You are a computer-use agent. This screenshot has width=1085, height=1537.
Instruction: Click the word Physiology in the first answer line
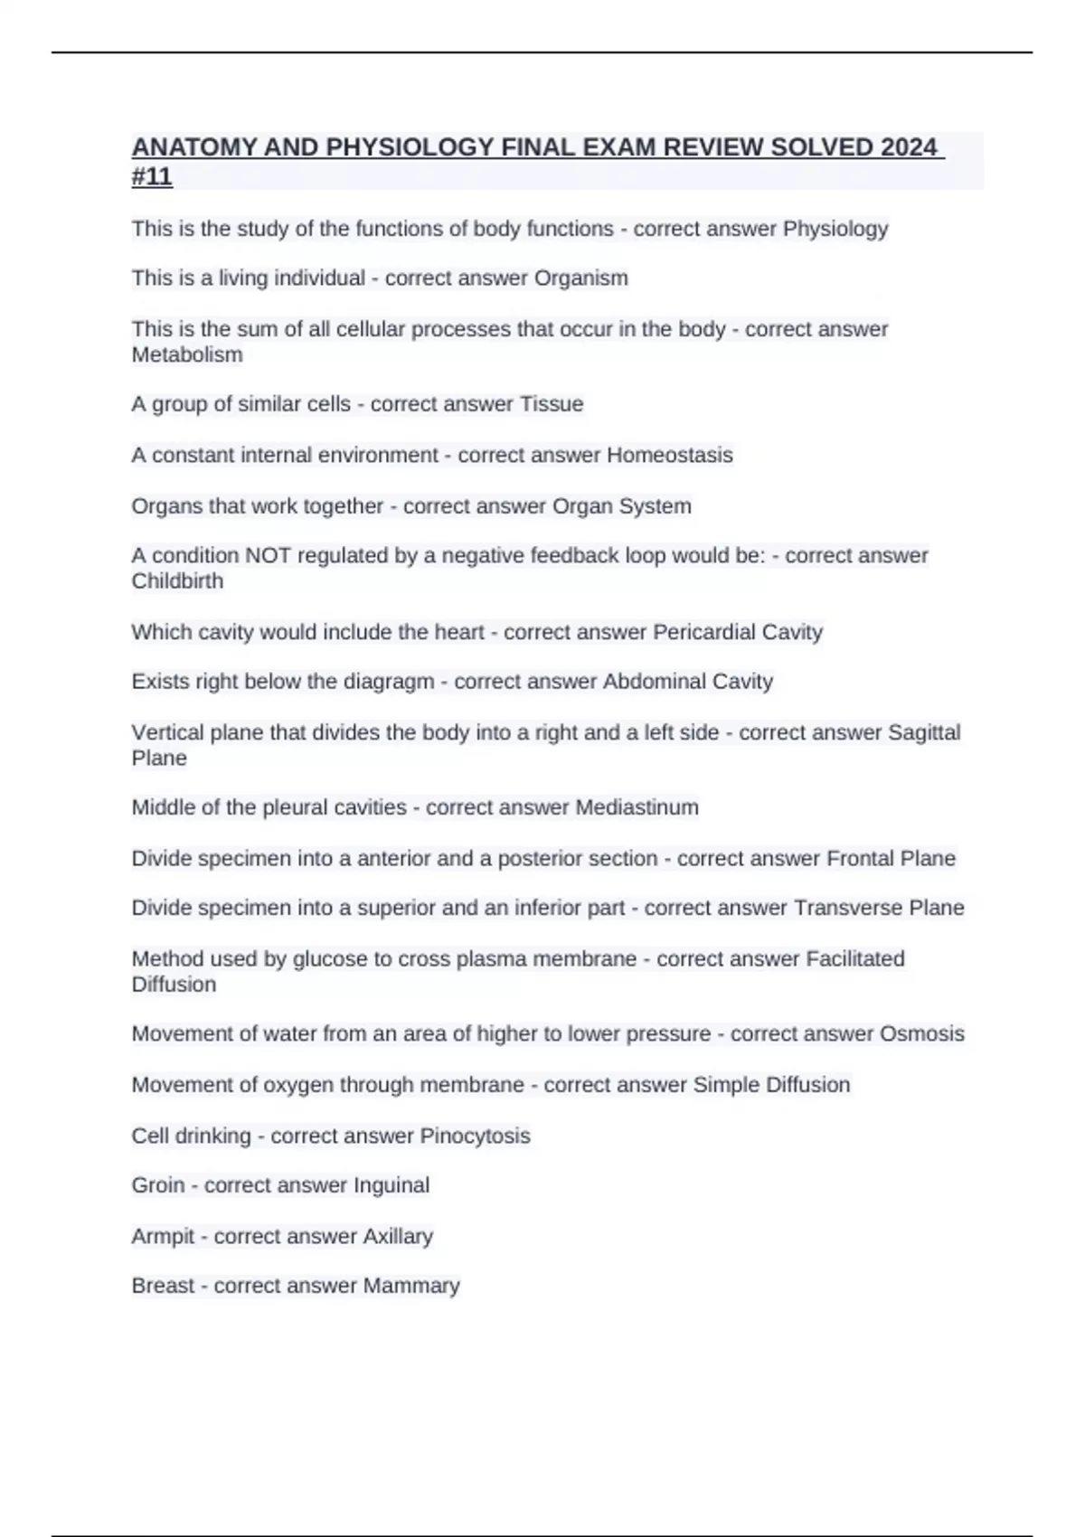pyautogui.click(x=835, y=229)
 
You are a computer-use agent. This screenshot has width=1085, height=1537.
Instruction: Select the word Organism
pyautogui.click(x=580, y=278)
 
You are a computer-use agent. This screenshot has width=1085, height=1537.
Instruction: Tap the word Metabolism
pyautogui.click(x=187, y=354)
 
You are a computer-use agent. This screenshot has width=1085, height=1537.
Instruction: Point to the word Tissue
pyautogui.click(x=552, y=404)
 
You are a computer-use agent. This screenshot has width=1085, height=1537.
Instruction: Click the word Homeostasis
pyautogui.click(x=669, y=455)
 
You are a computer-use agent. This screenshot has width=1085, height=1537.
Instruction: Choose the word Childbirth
pyautogui.click(x=177, y=580)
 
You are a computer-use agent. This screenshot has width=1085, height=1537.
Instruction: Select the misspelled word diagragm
pyautogui.click(x=389, y=682)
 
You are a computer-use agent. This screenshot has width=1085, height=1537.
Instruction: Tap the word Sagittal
pyautogui.click(x=924, y=732)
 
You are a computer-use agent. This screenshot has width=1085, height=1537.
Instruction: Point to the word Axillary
pyautogui.click(x=398, y=1236)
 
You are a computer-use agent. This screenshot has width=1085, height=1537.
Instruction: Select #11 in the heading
pyautogui.click(x=152, y=176)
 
